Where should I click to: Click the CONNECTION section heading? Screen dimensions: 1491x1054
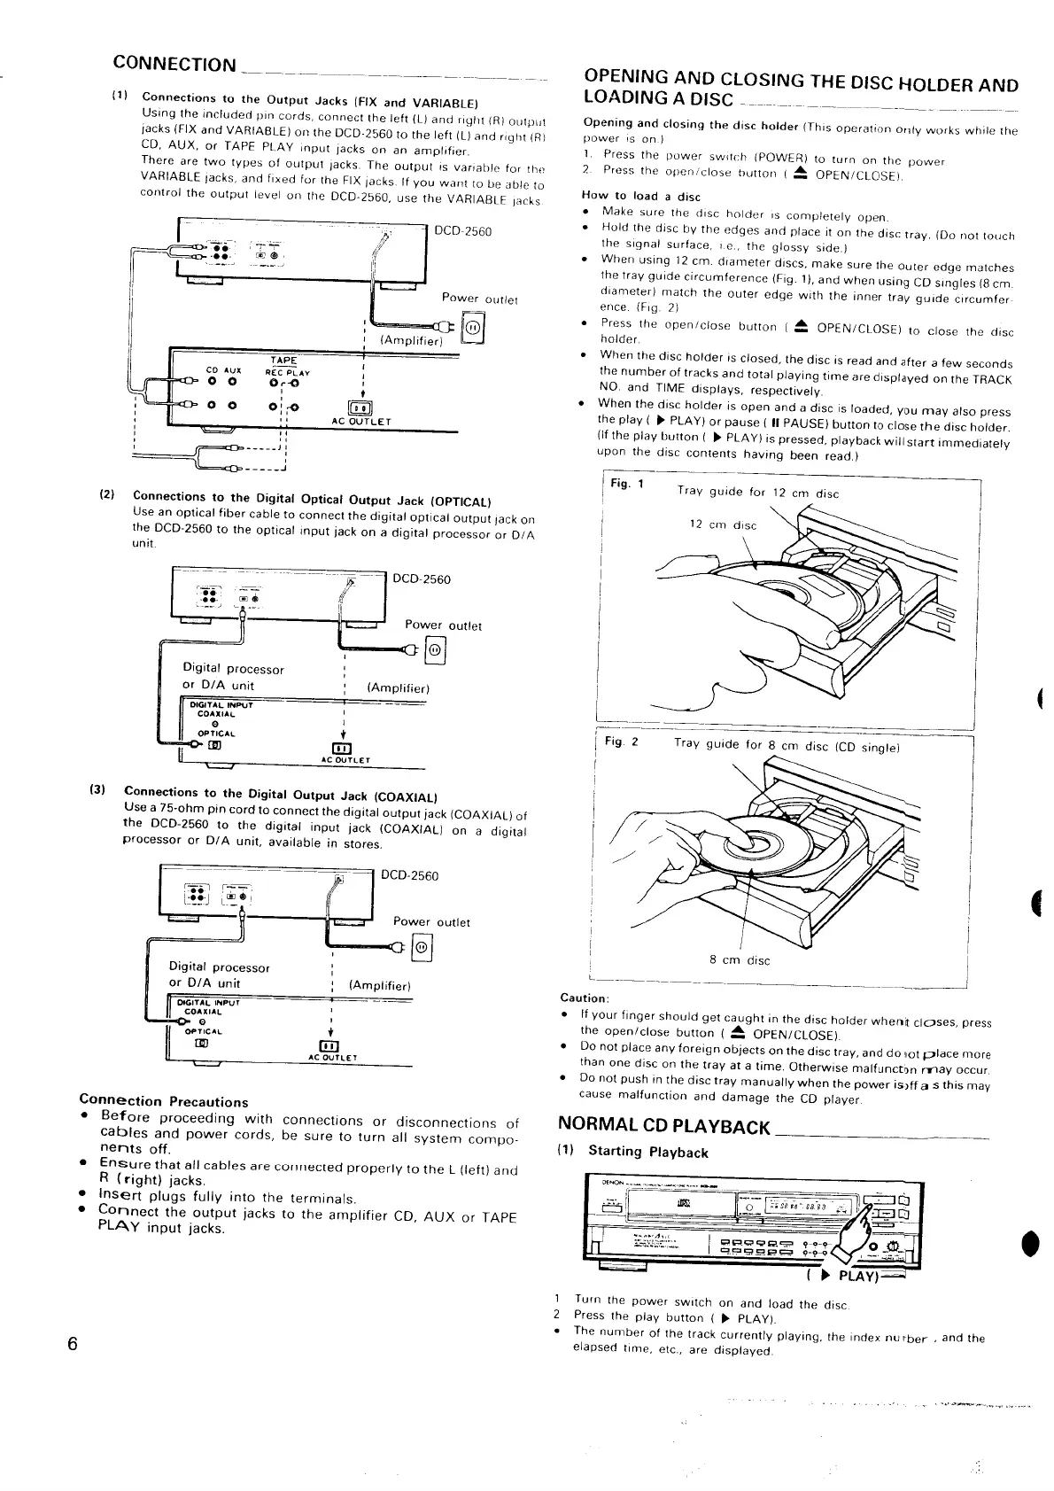174,65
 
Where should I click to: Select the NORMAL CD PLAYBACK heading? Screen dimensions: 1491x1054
664,1127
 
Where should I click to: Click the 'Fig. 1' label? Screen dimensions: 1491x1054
627,484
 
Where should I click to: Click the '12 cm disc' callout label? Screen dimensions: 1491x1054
723,524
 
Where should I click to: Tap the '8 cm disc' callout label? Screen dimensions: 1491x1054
740,960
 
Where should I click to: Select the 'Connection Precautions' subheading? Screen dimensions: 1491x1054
164,1102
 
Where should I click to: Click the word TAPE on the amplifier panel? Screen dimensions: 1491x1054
283,361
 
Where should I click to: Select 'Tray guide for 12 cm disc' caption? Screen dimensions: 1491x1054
757,493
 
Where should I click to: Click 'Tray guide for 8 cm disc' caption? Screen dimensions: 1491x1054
787,746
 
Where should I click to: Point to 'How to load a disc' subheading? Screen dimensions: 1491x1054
640,196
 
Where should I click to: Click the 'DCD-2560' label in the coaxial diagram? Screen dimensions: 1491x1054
409,876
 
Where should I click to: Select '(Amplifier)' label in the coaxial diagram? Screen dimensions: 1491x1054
379,985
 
